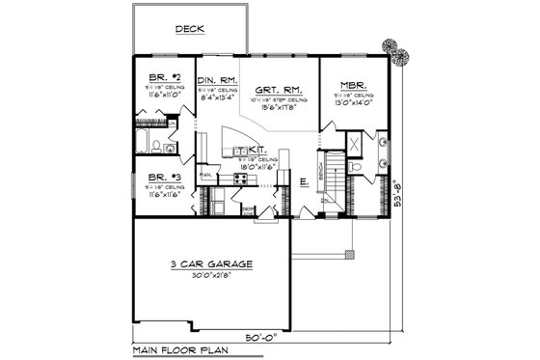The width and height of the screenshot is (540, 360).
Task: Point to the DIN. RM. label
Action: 217,80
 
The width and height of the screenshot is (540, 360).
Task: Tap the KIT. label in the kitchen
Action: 257,151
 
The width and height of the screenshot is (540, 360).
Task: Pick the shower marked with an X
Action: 354,143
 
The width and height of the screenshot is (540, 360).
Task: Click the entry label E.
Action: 304,180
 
